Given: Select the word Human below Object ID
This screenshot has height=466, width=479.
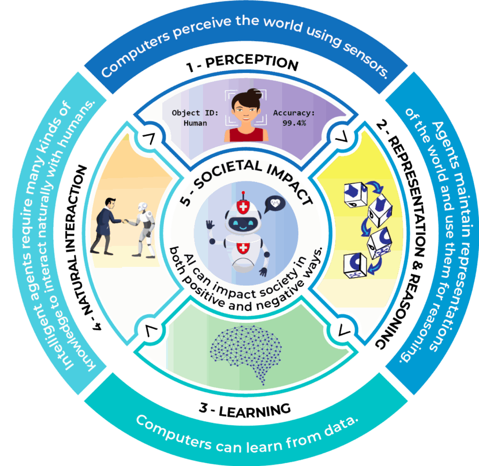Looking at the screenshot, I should pyautogui.click(x=196, y=123).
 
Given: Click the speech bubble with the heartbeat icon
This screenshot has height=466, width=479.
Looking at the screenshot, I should pyautogui.click(x=275, y=204).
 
